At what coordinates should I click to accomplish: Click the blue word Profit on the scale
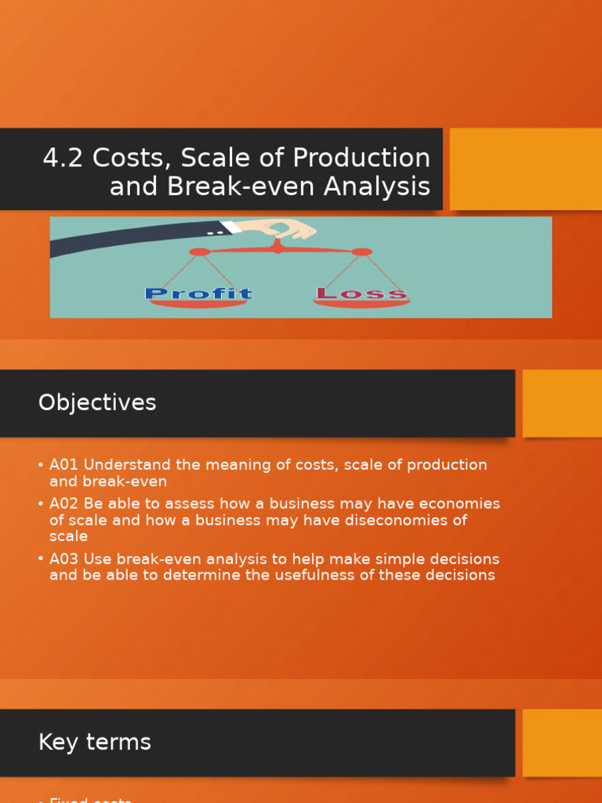[x=198, y=294]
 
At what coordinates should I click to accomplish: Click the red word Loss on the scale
[x=361, y=294]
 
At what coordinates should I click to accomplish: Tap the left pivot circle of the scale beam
[x=199, y=252]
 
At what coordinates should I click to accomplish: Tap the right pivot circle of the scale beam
[x=361, y=252]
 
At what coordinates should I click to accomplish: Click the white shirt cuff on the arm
[x=231, y=227]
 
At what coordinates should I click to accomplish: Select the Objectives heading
[x=97, y=403]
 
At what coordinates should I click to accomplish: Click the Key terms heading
[x=94, y=743]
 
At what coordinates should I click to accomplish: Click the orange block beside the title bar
[x=525, y=169]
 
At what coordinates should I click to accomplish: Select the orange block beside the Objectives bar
[x=562, y=403]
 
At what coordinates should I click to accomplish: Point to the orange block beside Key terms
[x=562, y=743]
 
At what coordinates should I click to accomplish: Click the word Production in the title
[x=361, y=158]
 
